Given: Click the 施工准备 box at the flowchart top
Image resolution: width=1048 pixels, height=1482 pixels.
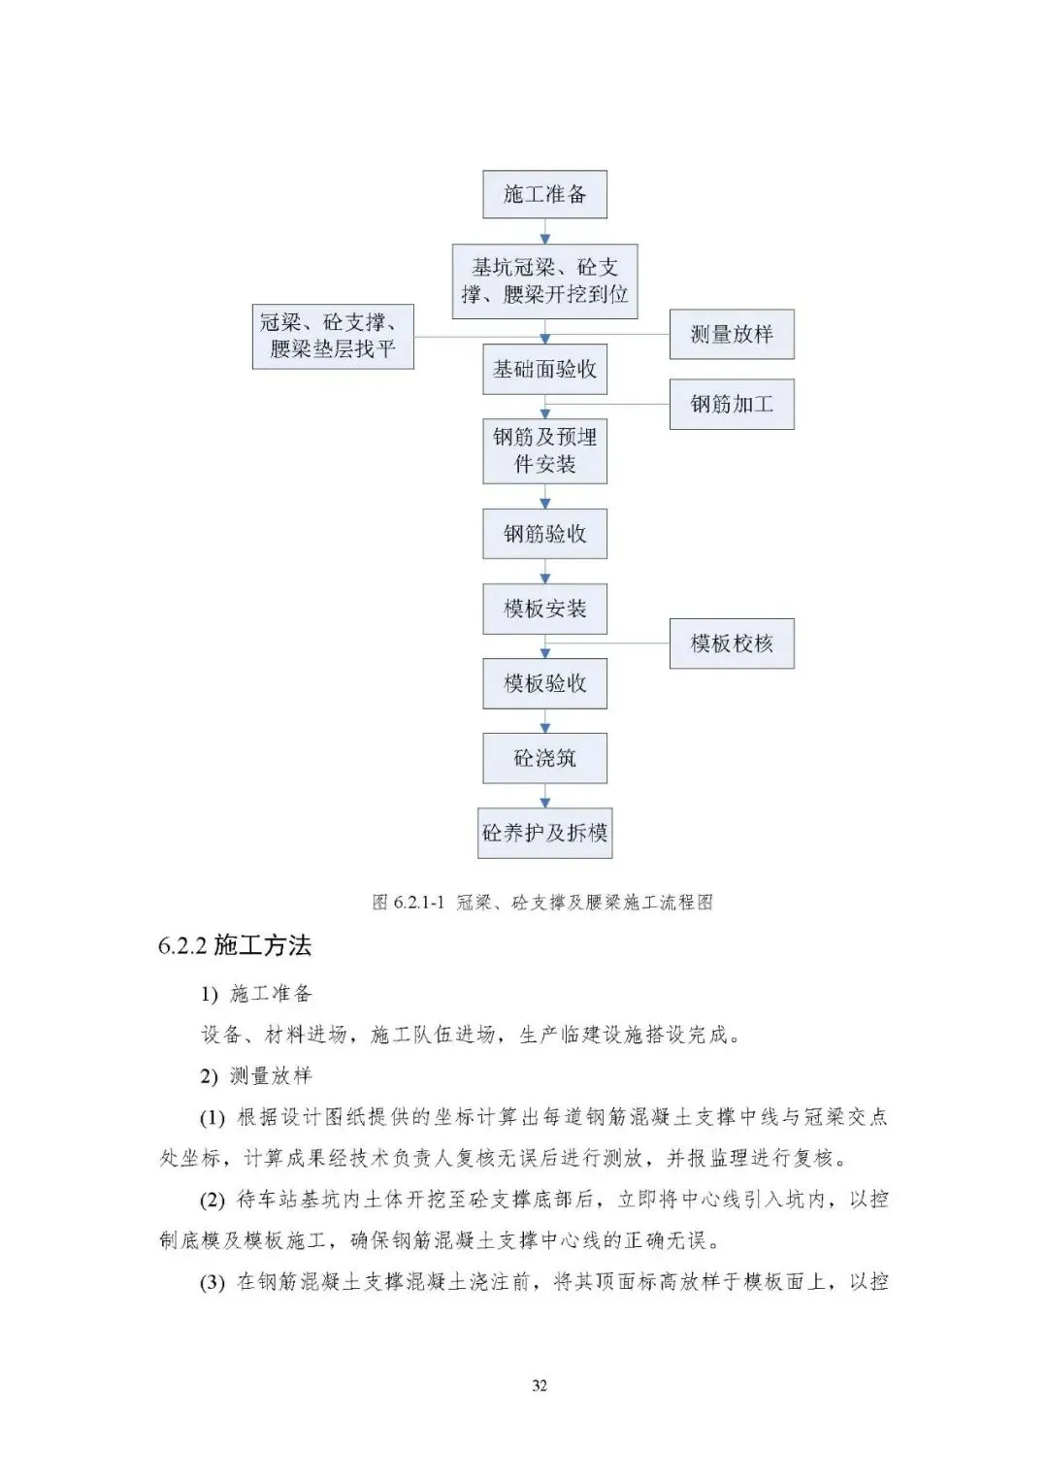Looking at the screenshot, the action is (x=544, y=194).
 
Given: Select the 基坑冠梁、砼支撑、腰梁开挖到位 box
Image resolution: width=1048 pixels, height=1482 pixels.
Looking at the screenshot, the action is (x=544, y=281).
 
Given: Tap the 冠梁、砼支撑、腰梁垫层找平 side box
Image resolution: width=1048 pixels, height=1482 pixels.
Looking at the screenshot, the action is (x=333, y=336).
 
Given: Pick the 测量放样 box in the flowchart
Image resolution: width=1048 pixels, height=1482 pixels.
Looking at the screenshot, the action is (x=732, y=335).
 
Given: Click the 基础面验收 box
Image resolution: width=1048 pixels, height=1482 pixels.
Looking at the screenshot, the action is (x=544, y=369).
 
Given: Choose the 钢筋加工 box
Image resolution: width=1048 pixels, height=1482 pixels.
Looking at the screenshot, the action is (x=732, y=404).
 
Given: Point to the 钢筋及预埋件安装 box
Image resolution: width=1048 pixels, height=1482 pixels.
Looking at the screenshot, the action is (x=544, y=451).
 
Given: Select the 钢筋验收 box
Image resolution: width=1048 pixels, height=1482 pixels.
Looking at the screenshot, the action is (x=544, y=534).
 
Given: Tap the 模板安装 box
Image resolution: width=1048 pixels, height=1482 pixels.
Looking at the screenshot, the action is (x=544, y=609).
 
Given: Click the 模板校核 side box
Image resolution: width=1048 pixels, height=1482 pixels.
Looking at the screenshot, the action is (x=732, y=643).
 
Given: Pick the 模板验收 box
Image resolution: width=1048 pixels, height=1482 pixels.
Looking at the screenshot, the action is (x=544, y=683).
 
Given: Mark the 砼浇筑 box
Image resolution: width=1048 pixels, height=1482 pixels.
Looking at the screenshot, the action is (x=544, y=758).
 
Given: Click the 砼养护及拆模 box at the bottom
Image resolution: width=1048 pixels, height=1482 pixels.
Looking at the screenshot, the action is (x=544, y=833).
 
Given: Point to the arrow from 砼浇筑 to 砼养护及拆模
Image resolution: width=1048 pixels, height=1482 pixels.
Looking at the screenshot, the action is (x=544, y=796).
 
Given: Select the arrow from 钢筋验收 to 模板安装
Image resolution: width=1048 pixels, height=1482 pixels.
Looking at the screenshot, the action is (x=544, y=572).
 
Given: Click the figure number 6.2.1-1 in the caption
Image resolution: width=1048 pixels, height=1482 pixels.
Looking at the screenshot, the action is (x=419, y=903).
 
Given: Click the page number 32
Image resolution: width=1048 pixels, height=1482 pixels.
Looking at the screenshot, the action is (x=540, y=1385).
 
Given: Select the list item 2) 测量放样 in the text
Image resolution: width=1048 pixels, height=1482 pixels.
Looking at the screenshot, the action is (x=256, y=1075).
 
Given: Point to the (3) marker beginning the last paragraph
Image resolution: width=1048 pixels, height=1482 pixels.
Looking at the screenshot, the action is (x=212, y=1282).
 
